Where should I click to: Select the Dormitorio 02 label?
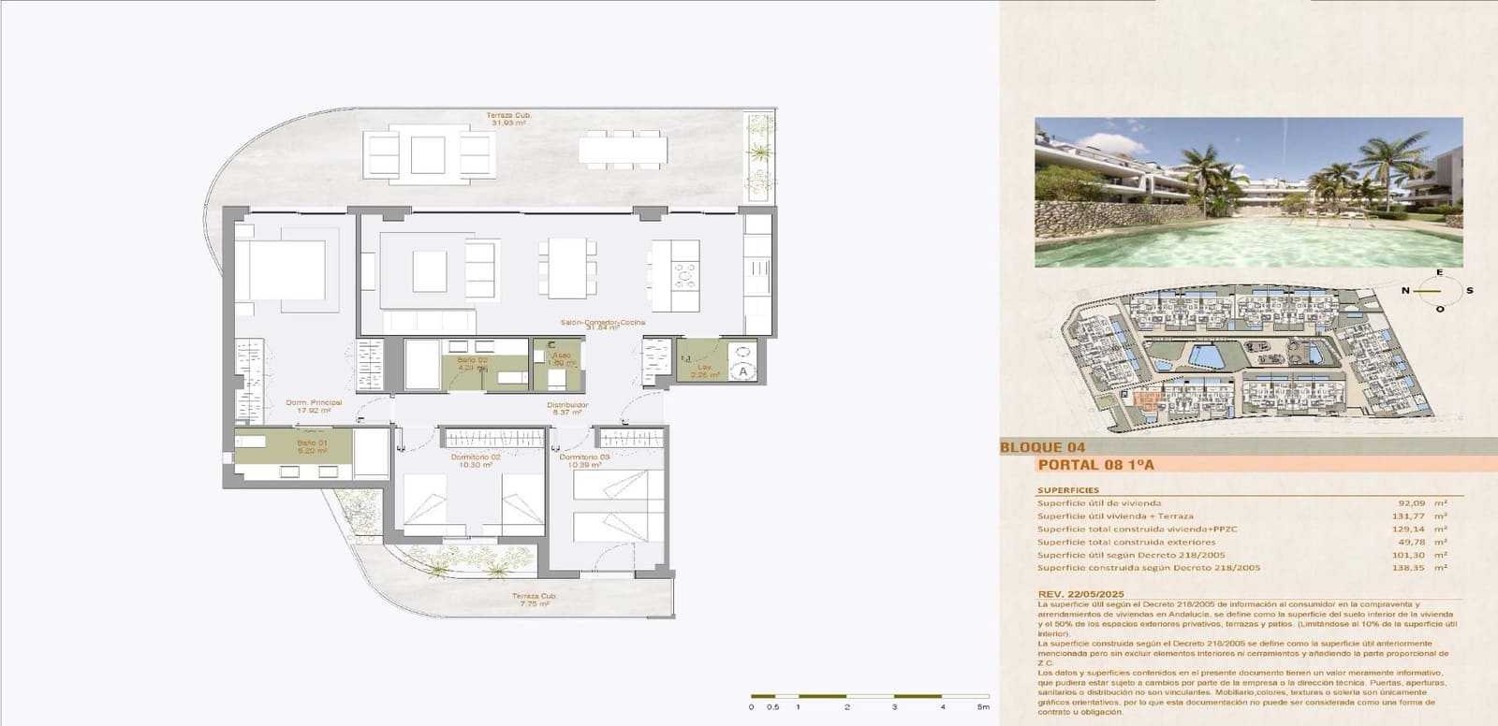point(476,457)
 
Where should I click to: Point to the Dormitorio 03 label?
point(585,457)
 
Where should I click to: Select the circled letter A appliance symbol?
point(742,371)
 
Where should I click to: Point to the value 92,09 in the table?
point(1410,503)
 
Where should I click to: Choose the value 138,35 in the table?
point(1408,568)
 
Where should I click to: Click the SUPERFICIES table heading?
point(1068,490)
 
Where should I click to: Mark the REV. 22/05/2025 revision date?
point(1081,594)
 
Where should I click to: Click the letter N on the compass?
point(1405,291)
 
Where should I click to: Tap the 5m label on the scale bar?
point(983,707)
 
